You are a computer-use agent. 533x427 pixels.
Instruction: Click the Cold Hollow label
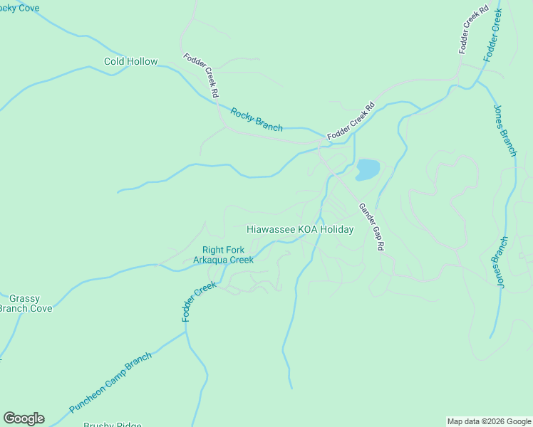click(130, 62)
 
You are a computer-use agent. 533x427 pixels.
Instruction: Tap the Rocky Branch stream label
click(257, 119)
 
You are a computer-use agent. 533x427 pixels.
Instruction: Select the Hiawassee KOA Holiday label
click(300, 230)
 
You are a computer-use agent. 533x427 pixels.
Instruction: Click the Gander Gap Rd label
click(371, 226)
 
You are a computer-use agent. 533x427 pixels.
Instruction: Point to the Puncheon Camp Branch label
click(110, 383)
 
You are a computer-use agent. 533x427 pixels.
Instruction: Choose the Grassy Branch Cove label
click(26, 303)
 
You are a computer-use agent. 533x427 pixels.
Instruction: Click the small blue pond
click(367, 169)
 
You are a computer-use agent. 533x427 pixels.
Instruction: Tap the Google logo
click(24, 418)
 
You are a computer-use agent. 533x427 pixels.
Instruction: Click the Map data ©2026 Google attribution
click(490, 421)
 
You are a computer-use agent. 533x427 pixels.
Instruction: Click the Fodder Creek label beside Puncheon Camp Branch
click(199, 301)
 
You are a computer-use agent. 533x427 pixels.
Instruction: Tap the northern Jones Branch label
click(504, 130)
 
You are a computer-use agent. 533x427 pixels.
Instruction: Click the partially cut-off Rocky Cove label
click(20, 8)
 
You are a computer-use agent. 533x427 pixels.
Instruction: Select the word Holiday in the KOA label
click(337, 230)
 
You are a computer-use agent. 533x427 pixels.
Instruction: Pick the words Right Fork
click(224, 250)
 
